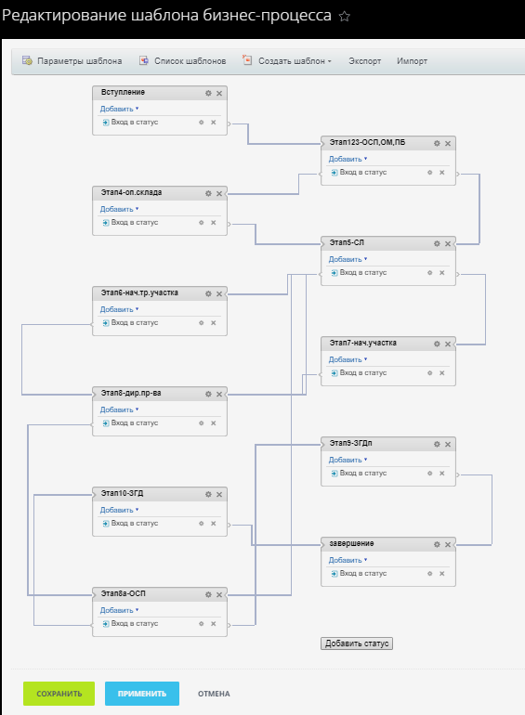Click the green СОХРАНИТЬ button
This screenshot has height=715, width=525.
pos(59,694)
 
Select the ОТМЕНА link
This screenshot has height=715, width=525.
pos(214,694)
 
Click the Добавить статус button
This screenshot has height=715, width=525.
pos(357,643)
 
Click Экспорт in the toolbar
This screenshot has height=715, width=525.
pos(365,61)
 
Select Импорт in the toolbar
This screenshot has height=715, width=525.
pos(412,61)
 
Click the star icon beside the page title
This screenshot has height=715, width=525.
pos(345,17)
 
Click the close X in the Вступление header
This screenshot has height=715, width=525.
pos(219,94)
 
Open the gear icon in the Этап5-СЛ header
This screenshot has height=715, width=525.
pos(437,244)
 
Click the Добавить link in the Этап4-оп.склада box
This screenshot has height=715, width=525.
pos(117,209)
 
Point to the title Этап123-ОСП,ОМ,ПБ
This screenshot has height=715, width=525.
pos(367,143)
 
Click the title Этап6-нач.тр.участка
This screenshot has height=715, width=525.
pos(139,292)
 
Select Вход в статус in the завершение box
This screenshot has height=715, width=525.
pos(363,574)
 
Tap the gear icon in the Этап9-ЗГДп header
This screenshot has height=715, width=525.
pos(437,445)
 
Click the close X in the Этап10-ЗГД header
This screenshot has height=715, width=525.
pos(219,495)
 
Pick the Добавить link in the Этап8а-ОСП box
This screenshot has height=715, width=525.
pos(117,611)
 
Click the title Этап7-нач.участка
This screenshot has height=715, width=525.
pos(363,343)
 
